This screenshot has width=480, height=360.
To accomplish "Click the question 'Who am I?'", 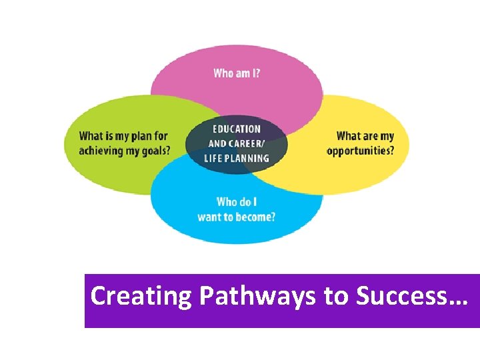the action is (x=237, y=73).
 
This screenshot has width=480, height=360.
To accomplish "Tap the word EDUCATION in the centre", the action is (x=237, y=129).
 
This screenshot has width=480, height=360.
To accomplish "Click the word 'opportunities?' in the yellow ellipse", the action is (x=360, y=151).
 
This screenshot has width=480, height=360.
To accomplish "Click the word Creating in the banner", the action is (x=139, y=295).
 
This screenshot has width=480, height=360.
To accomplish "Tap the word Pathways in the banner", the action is (x=255, y=295).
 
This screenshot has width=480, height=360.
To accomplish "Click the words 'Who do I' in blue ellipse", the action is (x=237, y=202).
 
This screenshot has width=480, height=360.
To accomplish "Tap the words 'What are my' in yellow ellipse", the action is (x=365, y=136).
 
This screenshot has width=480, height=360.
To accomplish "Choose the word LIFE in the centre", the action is (x=215, y=158).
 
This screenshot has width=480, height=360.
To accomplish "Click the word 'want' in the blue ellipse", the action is (x=209, y=217).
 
